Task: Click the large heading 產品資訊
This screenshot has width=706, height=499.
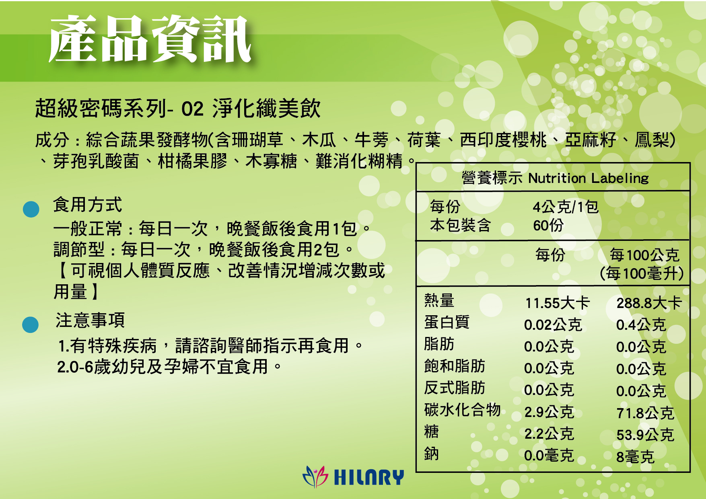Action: [x=150, y=39]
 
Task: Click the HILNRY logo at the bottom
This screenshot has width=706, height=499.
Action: [x=353, y=476]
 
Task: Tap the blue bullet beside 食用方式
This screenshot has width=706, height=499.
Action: [x=31, y=209]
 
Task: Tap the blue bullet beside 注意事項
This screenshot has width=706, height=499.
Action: [x=30, y=324]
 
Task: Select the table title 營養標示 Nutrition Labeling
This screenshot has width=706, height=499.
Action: [x=555, y=178]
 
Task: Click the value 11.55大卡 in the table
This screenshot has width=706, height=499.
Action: [x=558, y=303]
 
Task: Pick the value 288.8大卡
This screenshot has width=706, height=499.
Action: [x=649, y=303]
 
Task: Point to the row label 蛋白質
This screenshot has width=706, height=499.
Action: [x=447, y=322]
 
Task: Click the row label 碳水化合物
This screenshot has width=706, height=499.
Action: [x=462, y=410]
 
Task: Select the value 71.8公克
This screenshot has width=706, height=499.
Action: [x=645, y=413]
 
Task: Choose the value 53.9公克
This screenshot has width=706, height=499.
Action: [x=645, y=435]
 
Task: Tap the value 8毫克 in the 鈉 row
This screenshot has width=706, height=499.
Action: [x=636, y=457]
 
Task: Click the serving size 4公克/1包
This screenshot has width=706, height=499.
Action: [x=566, y=207]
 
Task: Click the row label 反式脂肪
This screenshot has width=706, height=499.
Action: [x=455, y=388]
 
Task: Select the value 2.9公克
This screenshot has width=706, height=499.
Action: [x=549, y=412]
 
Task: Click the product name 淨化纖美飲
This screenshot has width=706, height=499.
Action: [x=266, y=109]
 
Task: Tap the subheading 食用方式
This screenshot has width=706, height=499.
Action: [x=87, y=205]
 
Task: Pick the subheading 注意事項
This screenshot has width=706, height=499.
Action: [x=90, y=320]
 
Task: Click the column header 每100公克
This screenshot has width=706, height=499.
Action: [x=644, y=255]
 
